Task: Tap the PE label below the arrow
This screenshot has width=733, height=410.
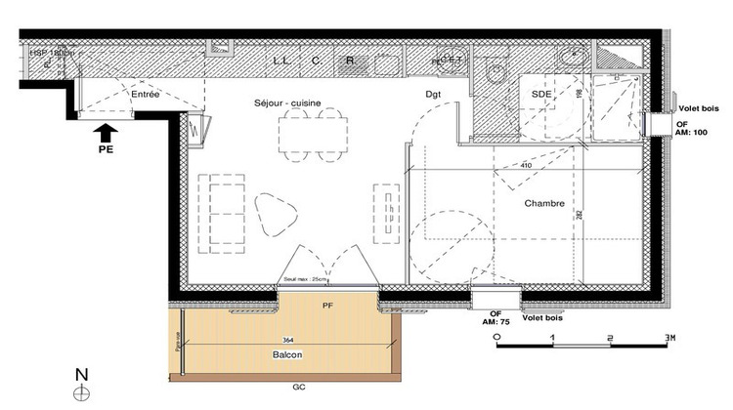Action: tap(107, 151)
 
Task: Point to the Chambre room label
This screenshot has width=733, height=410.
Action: tap(544, 204)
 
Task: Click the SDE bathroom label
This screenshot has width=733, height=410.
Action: tap(539, 94)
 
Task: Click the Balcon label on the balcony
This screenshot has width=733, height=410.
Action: tap(287, 355)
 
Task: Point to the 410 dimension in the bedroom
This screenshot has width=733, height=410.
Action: tap(526, 166)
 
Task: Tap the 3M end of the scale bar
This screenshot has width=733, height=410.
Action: tap(670, 337)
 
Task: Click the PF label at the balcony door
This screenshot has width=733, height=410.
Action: tap(327, 306)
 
